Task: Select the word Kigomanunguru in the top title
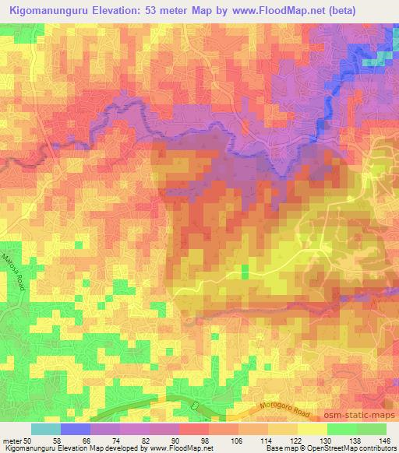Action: pos(50,10)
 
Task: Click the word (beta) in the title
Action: pos(338,10)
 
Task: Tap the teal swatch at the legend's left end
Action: pos(45,429)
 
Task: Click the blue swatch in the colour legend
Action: pos(75,429)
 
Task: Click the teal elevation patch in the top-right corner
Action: pos(379,58)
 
